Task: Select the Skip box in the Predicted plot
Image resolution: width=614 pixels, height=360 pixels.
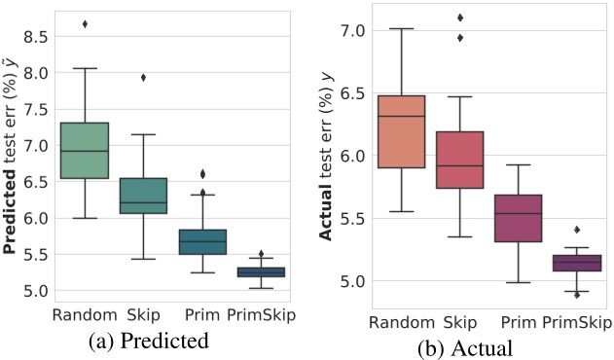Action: click(x=143, y=196)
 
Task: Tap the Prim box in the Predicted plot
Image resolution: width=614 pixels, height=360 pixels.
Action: click(x=202, y=242)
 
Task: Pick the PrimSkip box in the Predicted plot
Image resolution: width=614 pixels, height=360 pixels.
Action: click(x=261, y=272)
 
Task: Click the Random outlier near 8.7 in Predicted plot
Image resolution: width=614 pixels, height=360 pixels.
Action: click(x=85, y=23)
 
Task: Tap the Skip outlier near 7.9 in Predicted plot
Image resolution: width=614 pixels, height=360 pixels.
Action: click(x=143, y=77)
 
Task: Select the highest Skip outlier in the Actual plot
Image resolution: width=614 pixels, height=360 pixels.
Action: click(x=460, y=17)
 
